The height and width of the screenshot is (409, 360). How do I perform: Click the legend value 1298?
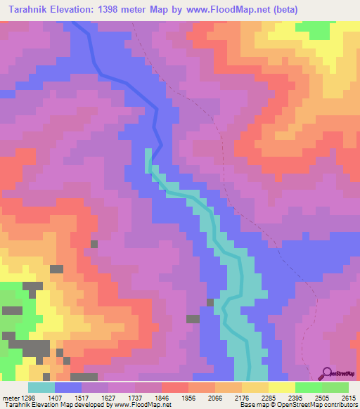[33, 397]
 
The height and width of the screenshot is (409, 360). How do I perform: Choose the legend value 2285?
[281, 397]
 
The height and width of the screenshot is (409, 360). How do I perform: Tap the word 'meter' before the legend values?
[11, 397]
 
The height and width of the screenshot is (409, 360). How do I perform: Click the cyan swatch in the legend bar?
[41, 387]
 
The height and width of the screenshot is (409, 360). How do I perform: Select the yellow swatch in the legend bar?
[281, 387]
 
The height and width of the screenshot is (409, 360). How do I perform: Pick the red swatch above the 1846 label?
[174, 387]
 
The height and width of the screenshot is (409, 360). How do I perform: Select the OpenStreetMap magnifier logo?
[328, 373]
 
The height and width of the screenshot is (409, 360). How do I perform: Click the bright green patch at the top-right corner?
[317, 30]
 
